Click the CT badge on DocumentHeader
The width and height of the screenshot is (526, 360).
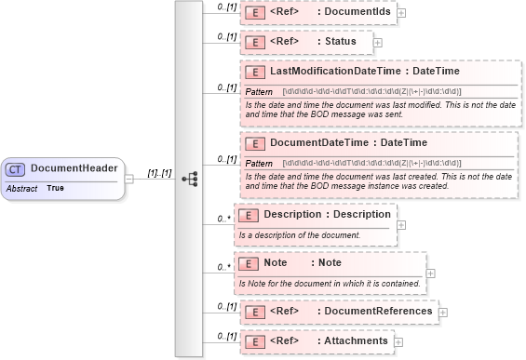(x=16, y=168)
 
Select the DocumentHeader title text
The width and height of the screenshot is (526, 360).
(x=74, y=168)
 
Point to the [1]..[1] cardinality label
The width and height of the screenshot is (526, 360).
(x=159, y=173)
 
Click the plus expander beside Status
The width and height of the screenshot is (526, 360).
(x=377, y=42)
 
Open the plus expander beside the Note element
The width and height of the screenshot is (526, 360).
(x=431, y=273)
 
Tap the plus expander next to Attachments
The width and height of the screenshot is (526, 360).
(x=398, y=342)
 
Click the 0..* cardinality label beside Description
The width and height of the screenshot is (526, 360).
(x=223, y=219)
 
